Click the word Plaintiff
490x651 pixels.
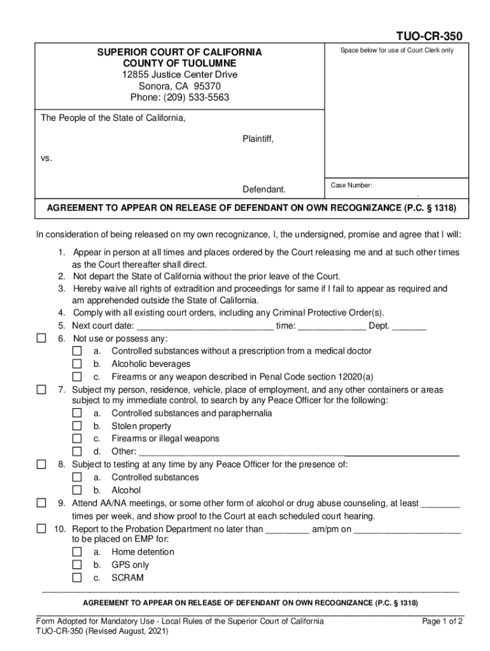[x=258, y=139]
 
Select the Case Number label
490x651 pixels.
[x=351, y=186]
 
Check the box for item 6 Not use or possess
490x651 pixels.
[x=41, y=338]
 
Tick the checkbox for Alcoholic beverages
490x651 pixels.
[x=77, y=364]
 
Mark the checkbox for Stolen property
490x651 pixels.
[x=77, y=426]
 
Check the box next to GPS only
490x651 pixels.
[x=77, y=565]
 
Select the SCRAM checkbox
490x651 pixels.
[x=77, y=578]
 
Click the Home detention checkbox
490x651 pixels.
[x=77, y=552]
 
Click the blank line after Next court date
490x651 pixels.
[x=205, y=327]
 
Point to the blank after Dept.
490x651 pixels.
[x=409, y=327]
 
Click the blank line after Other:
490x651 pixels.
[x=299, y=453]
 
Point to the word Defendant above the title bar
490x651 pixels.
[x=264, y=189]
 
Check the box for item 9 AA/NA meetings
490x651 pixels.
[x=41, y=503]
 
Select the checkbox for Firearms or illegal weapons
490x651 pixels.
[x=77, y=439]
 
